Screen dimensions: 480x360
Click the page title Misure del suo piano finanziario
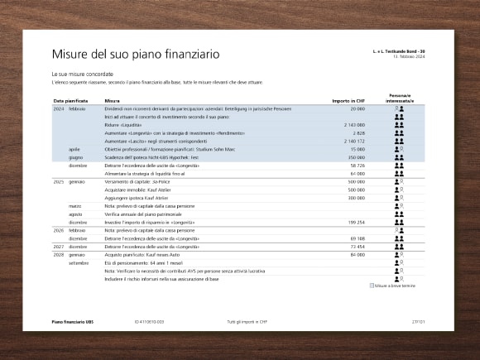136,55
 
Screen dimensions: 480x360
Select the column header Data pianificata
70,101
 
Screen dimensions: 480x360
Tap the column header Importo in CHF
348,101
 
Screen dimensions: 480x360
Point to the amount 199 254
354,222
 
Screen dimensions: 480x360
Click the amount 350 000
355,157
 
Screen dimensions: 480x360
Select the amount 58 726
356,166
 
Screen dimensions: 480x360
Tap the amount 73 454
356,247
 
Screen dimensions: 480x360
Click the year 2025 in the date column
59,181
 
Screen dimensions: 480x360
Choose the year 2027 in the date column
59,247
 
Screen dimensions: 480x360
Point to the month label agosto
76,214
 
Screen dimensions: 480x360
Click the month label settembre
79,262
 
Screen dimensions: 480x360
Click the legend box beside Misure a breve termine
372,285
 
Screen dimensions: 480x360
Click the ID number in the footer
149,320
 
